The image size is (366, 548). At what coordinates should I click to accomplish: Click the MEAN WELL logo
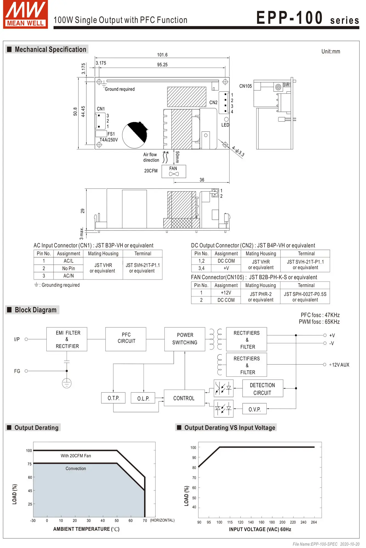click(x=25, y=14)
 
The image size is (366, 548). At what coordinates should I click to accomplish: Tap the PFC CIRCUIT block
click(x=126, y=339)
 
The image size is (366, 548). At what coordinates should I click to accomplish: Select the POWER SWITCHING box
click(x=185, y=339)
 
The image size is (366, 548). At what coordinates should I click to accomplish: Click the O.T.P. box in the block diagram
click(x=113, y=398)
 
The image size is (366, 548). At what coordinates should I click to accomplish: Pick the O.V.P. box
click(x=254, y=409)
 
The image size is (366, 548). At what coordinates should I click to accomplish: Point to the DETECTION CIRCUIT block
click(x=263, y=389)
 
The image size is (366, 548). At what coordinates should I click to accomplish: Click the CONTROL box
click(x=184, y=398)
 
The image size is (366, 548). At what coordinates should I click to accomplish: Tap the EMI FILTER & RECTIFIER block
click(x=67, y=339)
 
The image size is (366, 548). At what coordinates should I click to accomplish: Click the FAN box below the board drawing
click(x=174, y=171)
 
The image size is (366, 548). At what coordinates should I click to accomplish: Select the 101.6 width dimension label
click(x=162, y=55)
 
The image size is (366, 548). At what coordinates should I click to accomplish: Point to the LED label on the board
click(x=225, y=125)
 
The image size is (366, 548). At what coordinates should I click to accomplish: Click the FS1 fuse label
click(x=111, y=134)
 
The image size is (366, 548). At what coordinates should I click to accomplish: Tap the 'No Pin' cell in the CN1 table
click(x=68, y=268)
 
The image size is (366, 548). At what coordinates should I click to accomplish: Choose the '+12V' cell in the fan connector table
click(x=226, y=293)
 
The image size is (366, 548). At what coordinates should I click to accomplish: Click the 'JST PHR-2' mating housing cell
click(x=261, y=294)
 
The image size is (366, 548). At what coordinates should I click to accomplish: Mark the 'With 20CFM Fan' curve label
click(x=76, y=456)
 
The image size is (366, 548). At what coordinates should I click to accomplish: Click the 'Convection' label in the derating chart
click(x=76, y=469)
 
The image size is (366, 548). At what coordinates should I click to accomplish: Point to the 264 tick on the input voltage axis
click(x=314, y=522)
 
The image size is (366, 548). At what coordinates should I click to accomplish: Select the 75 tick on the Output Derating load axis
click(x=30, y=464)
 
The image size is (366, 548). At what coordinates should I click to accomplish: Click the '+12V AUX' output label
click(x=339, y=365)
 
